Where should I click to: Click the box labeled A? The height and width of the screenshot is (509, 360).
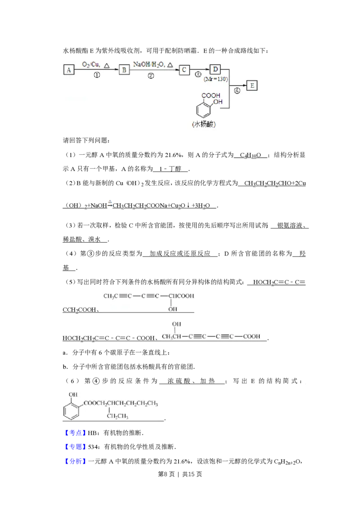68,70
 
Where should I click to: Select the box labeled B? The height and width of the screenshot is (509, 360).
124,70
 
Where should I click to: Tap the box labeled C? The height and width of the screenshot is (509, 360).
184,70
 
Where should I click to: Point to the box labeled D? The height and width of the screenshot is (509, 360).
215,69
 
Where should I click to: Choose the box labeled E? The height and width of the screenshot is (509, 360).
252,85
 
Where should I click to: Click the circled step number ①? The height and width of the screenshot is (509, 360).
96,76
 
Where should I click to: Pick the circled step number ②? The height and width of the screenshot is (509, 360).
151,76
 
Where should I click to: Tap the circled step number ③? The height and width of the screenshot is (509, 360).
198,75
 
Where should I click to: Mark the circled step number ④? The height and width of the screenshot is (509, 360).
237,90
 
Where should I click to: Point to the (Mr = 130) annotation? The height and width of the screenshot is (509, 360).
216,79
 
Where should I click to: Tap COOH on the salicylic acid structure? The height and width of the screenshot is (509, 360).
211,95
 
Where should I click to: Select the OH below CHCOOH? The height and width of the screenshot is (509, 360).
173,309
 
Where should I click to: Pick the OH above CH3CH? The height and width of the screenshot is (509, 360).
177,324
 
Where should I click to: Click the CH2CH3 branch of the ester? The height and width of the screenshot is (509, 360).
117,416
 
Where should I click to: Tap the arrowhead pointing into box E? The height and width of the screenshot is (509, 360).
244,85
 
